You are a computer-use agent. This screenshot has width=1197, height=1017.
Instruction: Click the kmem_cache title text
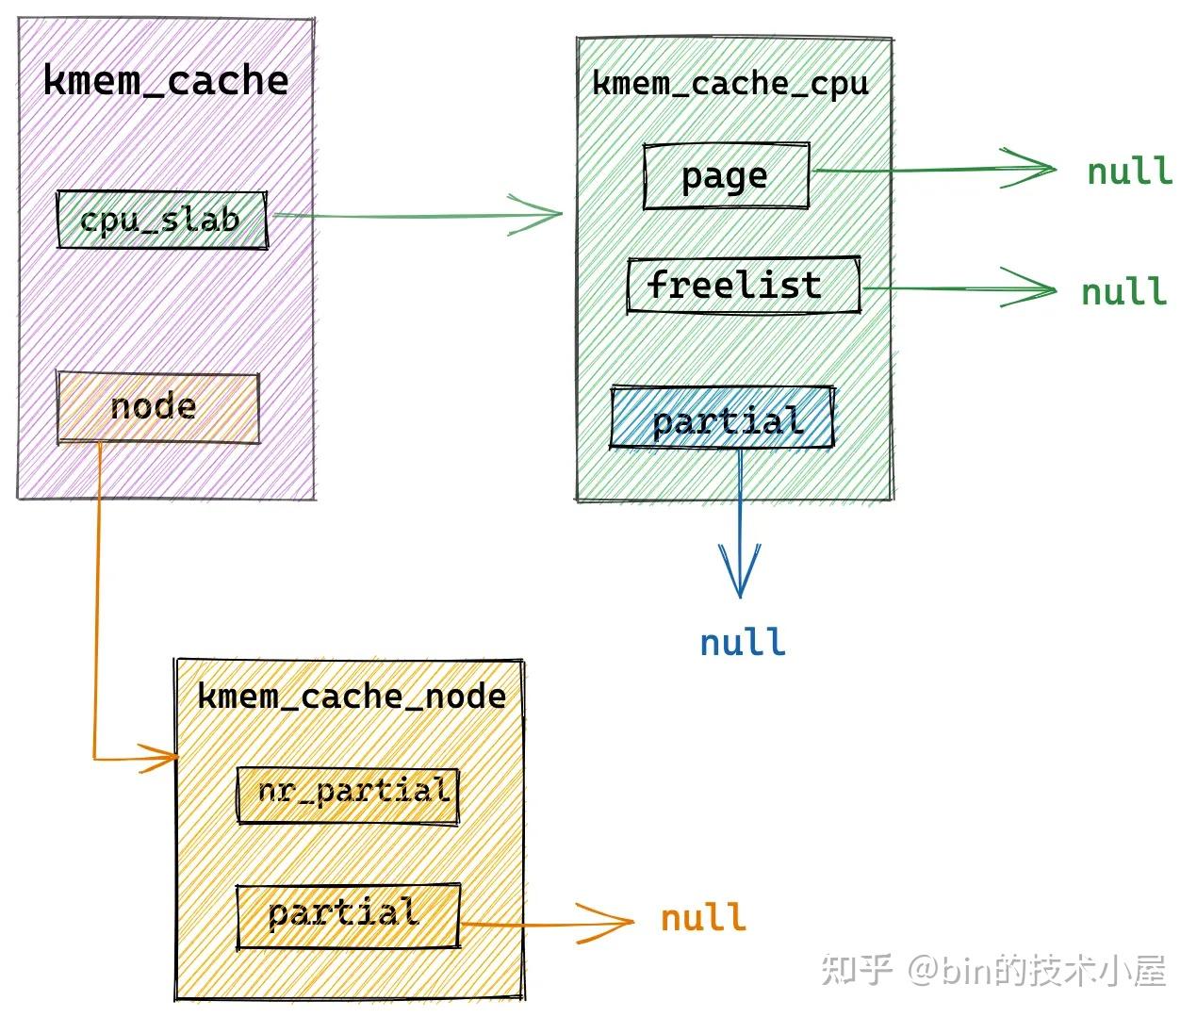[166, 81]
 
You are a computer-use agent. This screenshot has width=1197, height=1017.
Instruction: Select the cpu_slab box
[161, 220]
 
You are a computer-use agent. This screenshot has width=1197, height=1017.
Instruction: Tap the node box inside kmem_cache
[157, 407]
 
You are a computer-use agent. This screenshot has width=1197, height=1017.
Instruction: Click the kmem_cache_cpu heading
[730, 84]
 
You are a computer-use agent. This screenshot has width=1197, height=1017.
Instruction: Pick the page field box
[726, 176]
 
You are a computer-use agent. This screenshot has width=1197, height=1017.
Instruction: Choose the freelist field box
[743, 286]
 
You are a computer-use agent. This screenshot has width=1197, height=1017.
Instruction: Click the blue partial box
[722, 418]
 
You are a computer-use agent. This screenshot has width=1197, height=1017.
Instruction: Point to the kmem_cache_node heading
[352, 697]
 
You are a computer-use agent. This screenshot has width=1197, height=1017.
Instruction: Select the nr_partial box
[348, 795]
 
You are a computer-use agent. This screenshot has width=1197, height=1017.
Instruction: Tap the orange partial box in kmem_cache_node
[347, 914]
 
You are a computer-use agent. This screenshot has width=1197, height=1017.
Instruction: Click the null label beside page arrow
[1129, 172]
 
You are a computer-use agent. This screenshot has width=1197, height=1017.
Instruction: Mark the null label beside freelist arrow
[1123, 291]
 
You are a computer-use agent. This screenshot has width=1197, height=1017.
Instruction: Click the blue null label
[742, 643]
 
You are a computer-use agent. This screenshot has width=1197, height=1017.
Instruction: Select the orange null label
[703, 917]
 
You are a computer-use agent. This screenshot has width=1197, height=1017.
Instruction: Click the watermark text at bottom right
[993, 970]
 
